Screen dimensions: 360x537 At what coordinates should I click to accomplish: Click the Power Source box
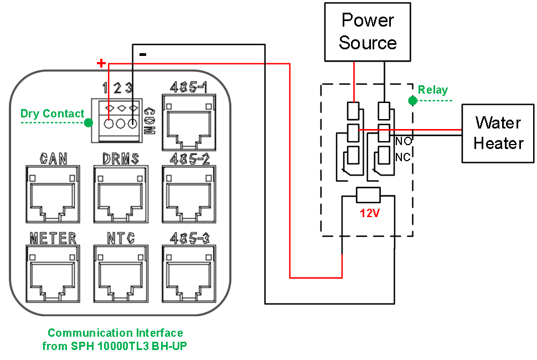coord(368,32)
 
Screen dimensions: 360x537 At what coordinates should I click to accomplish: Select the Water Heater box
coord(498,133)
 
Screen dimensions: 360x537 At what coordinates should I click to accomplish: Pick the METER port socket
coord(53,270)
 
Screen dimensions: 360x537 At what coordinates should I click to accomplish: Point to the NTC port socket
coord(121,270)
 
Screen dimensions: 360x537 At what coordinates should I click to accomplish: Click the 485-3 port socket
coord(189,270)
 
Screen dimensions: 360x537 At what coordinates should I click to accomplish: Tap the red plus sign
coord(101,63)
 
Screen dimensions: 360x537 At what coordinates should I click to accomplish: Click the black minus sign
coord(143,54)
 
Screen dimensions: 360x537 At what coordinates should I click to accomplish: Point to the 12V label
coord(369,213)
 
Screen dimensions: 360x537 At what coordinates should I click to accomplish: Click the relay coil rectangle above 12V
coord(368,195)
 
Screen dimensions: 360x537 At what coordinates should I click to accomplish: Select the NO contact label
coord(403,142)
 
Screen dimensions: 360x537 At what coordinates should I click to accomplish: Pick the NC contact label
coord(403,158)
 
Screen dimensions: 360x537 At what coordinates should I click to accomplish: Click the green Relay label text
coord(433,90)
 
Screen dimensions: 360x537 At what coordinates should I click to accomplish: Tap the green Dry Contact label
coord(52,114)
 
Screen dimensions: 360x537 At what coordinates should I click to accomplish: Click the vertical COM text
coord(148,121)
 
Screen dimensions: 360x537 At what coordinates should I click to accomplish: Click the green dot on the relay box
coord(412,101)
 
